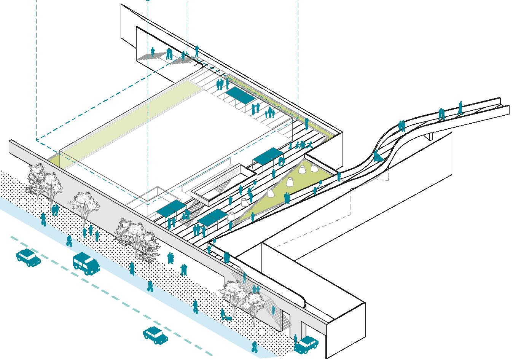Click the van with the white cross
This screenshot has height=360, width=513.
click(x=87, y=263)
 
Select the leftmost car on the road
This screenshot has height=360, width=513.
click(x=28, y=257)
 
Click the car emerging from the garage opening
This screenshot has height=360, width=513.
click(x=307, y=344)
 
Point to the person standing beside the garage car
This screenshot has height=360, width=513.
click(x=295, y=339)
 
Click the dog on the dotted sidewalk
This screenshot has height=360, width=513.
click(x=228, y=318)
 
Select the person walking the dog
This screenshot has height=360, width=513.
click(x=223, y=314)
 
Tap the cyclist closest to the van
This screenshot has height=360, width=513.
click(x=69, y=241)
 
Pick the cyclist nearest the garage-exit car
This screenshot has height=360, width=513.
click(x=254, y=347)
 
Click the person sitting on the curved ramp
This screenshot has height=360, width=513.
click(x=377, y=156)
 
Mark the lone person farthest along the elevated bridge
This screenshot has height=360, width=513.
click(x=460, y=108)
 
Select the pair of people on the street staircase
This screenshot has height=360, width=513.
click(x=255, y=289)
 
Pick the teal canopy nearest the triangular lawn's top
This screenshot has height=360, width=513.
click(x=268, y=155)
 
